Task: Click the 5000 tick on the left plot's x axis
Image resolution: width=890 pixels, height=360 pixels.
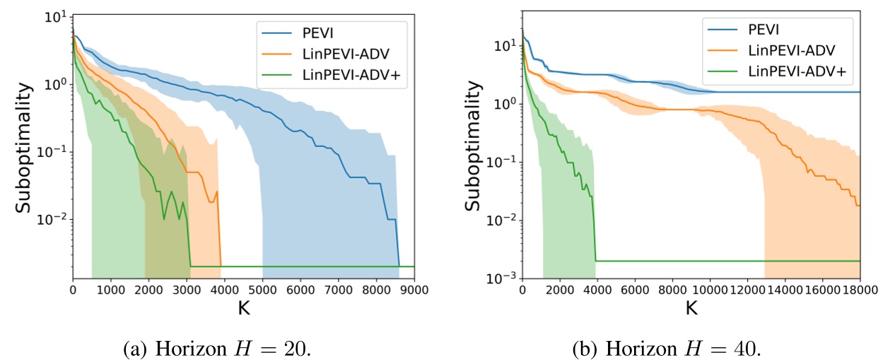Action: [x=262, y=290]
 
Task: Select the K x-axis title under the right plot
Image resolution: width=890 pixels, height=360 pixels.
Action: [x=691, y=308]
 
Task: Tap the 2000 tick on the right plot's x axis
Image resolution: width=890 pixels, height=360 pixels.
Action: [x=559, y=290]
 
